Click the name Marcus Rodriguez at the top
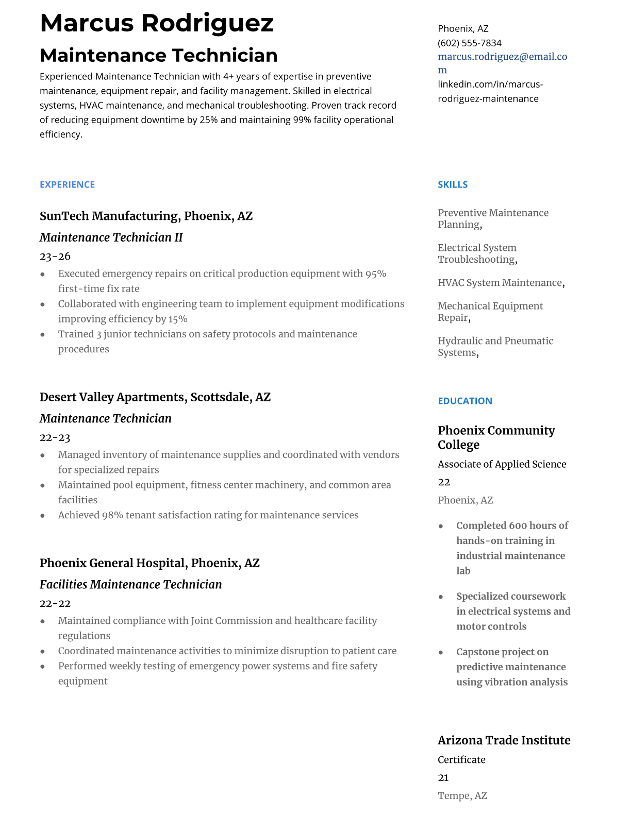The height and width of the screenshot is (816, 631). coord(157,23)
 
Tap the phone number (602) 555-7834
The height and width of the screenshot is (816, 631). coord(469,43)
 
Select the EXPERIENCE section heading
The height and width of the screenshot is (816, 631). coord(67,184)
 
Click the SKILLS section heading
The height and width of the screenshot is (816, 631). coord(453,184)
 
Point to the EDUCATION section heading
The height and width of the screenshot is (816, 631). coord(464,401)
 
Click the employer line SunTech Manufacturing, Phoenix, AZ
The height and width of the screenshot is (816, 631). coord(146,216)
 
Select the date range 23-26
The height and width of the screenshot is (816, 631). coord(55,256)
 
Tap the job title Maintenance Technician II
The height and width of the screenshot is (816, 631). coord(111,237)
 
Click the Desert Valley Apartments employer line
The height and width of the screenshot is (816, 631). coord(155,397)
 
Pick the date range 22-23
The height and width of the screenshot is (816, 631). coord(55,437)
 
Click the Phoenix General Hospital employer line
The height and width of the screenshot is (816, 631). coord(150,563)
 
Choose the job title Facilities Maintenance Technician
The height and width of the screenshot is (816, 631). coord(130,585)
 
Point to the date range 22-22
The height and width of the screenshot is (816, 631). coord(55,603)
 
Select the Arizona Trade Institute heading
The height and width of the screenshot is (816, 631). coord(504,740)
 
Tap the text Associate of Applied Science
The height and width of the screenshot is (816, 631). coord(502,464)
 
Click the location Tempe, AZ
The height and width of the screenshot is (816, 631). coord(462,796)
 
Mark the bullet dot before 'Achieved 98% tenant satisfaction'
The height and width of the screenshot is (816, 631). coord(42,516)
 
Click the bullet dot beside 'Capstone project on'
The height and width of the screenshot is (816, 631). coord(441,652)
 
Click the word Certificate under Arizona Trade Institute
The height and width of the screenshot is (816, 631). coord(461,760)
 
